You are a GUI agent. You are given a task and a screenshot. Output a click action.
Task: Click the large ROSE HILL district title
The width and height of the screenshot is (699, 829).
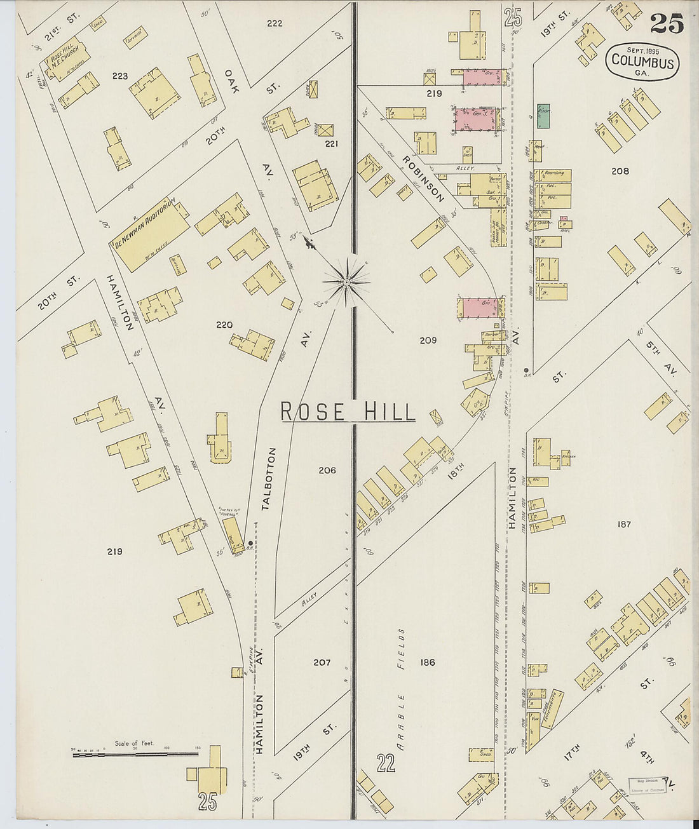tap(348, 412)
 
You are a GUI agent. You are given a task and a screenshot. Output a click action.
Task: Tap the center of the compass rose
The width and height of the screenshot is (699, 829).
tap(346, 280)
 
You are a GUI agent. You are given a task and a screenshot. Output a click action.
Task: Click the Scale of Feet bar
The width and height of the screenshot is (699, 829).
tap(135, 754)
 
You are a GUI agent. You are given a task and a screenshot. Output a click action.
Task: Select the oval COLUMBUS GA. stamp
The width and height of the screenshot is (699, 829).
tap(642, 61)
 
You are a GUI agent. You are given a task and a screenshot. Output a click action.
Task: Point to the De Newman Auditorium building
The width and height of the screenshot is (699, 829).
tap(151, 233)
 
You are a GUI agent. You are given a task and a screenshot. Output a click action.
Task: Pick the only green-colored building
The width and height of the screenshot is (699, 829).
tap(543, 115)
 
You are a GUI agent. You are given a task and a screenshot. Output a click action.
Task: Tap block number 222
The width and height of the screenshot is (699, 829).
tap(275, 24)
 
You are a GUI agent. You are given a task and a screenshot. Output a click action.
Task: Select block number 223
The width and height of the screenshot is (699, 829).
tap(120, 76)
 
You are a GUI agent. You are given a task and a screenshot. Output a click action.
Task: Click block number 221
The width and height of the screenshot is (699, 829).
tap(331, 144)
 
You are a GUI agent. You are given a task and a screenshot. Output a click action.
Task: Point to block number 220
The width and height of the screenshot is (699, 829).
tap(224, 325)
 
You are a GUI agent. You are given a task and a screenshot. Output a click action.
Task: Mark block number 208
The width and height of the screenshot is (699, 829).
tap(620, 171)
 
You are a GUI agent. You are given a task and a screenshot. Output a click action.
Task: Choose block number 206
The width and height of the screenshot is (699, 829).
tap(327, 470)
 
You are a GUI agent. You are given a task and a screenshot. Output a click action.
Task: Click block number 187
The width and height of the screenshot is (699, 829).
tap(623, 524)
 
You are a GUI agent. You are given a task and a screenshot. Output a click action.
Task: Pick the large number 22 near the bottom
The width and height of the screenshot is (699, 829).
tap(385, 762)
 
